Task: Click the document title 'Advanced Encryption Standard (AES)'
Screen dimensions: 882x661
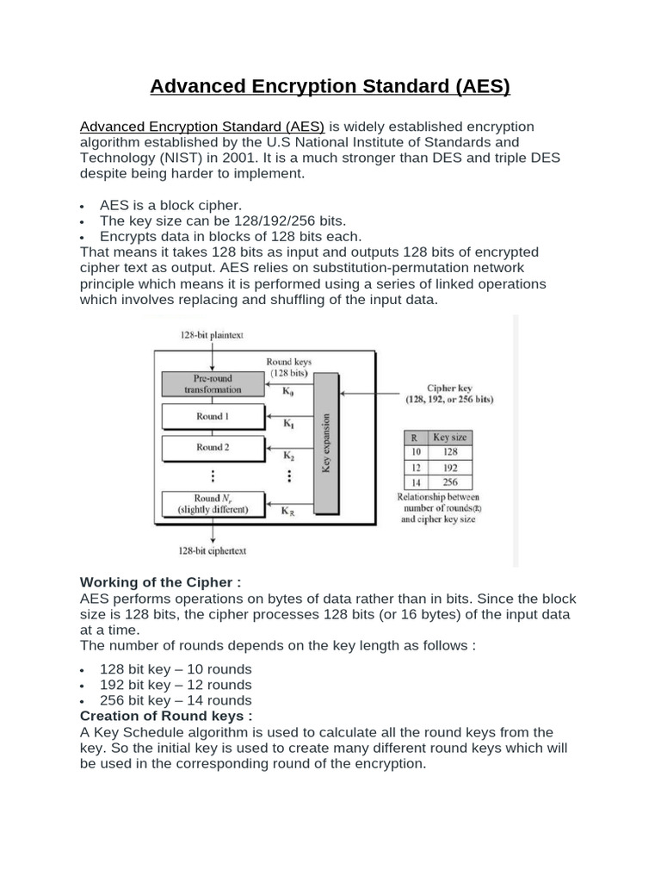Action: pyautogui.click(x=330, y=87)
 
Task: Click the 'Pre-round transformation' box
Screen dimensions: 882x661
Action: pyautogui.click(x=213, y=383)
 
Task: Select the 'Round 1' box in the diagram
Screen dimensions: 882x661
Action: pyautogui.click(x=213, y=417)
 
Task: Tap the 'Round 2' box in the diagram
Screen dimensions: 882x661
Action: pyautogui.click(x=213, y=448)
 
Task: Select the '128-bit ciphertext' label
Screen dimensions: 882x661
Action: pyautogui.click(x=213, y=550)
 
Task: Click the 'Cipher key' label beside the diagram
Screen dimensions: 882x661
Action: pyautogui.click(x=448, y=388)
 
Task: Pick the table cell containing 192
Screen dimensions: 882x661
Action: pyautogui.click(x=451, y=467)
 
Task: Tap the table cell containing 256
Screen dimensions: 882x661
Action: pyautogui.click(x=451, y=482)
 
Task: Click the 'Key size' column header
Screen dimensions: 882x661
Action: pyautogui.click(x=451, y=438)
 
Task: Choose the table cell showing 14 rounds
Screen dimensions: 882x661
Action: pyautogui.click(x=416, y=482)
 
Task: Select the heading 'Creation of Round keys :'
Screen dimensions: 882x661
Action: pyautogui.click(x=166, y=716)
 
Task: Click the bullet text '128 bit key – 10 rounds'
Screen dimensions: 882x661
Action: pyautogui.click(x=176, y=669)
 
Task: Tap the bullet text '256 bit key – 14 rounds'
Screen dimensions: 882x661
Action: pyautogui.click(x=176, y=700)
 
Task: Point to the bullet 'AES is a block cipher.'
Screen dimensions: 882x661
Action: pyautogui.click(x=171, y=205)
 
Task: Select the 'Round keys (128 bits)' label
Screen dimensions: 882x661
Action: pyautogui.click(x=290, y=368)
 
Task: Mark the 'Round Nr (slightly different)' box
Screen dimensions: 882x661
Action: pyautogui.click(x=213, y=504)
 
